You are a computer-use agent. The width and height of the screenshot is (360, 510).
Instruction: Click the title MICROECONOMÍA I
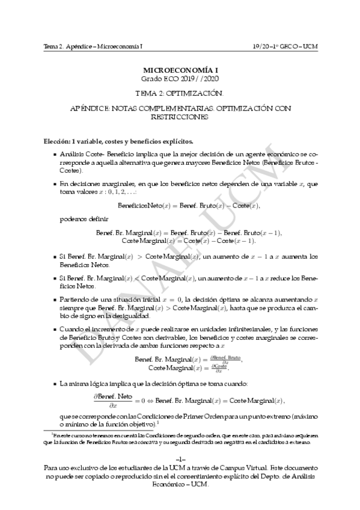click(180, 70)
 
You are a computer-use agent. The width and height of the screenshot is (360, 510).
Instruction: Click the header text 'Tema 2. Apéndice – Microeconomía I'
click(93, 46)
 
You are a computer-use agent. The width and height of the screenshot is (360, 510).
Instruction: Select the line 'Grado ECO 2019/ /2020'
click(180, 79)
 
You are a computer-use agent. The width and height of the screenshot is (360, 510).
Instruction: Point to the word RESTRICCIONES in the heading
click(180, 117)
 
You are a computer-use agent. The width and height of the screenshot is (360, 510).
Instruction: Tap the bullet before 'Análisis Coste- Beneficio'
click(55, 155)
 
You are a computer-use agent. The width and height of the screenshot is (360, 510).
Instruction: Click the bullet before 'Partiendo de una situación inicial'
click(55, 298)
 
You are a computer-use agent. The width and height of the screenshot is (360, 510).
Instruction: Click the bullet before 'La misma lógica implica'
click(55, 383)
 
